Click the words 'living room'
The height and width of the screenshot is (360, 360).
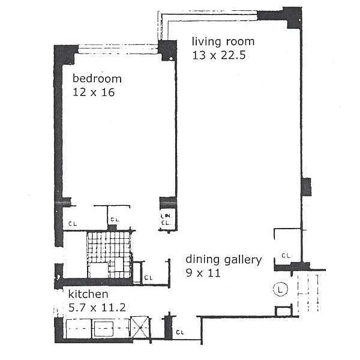pyautogui.click(x=223, y=41)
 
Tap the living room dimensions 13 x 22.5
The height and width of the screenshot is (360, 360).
pyautogui.click(x=219, y=55)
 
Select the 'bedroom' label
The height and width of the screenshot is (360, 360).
pyautogui.click(x=97, y=78)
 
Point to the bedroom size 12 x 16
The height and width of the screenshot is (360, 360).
pyautogui.click(x=94, y=92)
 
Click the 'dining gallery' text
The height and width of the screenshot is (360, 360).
pyautogui.click(x=224, y=260)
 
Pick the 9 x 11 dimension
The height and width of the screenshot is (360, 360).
pyautogui.click(x=203, y=273)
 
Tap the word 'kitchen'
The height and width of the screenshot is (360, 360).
pyautogui.click(x=88, y=294)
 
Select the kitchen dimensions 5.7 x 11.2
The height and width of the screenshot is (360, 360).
pyautogui.click(x=97, y=308)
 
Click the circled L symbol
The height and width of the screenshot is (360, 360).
pyautogui.click(x=280, y=289)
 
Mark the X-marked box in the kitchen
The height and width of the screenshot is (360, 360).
pyautogui.click(x=140, y=327)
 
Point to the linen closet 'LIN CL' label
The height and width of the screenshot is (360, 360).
pyautogui.click(x=166, y=219)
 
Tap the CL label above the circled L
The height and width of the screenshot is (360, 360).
pyautogui.click(x=286, y=256)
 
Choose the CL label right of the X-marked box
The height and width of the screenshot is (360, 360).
pyautogui.click(x=180, y=332)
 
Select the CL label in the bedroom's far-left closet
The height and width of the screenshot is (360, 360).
pyautogui.click(x=73, y=223)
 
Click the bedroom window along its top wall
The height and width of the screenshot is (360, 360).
pyautogui.click(x=118, y=49)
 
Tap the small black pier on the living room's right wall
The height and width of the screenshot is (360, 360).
pyautogui.click(x=306, y=187)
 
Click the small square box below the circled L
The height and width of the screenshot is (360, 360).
pyautogui.click(x=284, y=311)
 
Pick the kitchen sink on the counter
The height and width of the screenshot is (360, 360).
pyautogui.click(x=104, y=329)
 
